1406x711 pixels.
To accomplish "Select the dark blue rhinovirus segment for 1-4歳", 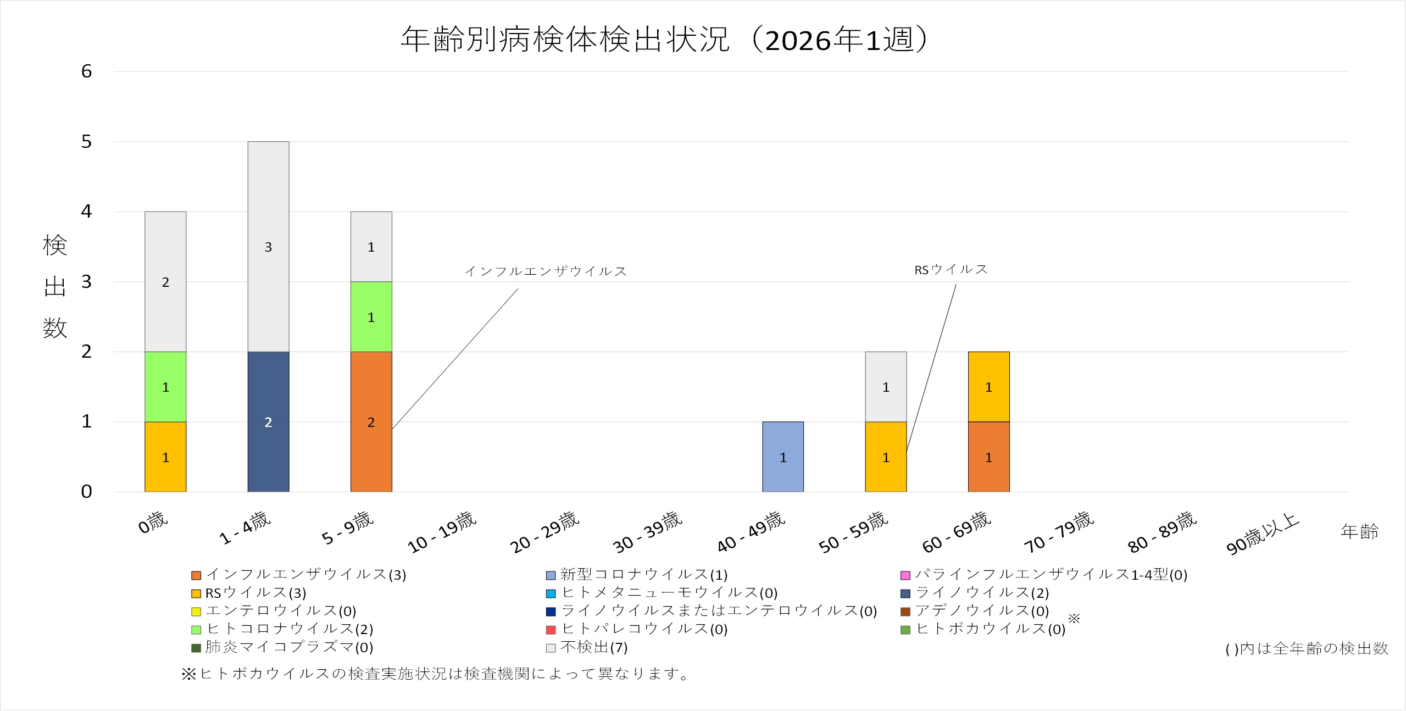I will [268, 421].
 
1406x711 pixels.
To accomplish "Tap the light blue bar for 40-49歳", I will [782, 457].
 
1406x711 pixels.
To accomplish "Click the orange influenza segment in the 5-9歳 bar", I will [371, 421].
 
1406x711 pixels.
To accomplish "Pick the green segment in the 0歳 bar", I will [165, 387].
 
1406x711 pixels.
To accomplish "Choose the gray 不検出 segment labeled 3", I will [268, 247].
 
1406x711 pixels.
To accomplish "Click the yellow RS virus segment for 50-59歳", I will [885, 457].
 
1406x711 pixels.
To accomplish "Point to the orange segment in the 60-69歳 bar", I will [988, 457].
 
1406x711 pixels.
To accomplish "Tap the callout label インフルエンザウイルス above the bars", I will [546, 271].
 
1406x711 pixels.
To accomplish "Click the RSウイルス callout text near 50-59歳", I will [951, 270].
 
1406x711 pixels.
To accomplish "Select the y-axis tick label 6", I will [86, 71].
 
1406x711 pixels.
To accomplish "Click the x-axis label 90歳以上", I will [1263, 534].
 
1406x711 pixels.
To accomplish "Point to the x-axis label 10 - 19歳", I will [442, 532].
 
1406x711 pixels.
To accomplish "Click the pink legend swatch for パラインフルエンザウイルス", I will [905, 575].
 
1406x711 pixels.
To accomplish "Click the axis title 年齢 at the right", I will [1359, 531].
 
